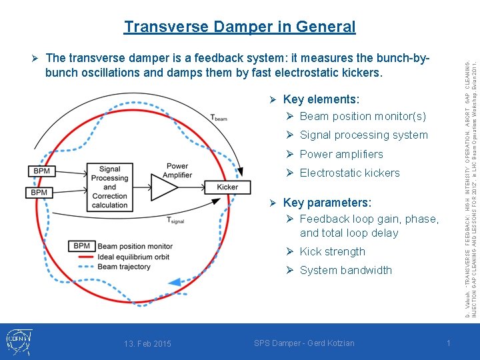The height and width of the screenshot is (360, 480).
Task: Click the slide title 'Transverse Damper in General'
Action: click(x=239, y=27)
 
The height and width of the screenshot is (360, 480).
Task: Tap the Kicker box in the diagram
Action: click(x=227, y=187)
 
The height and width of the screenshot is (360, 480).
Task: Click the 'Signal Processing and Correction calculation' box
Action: click(x=110, y=187)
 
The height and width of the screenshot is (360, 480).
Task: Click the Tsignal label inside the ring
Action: click(x=176, y=221)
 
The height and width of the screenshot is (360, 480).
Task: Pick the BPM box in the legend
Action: click(x=81, y=246)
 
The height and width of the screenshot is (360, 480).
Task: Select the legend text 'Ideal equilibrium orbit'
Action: click(x=133, y=257)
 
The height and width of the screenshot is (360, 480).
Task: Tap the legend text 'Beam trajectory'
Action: click(x=125, y=267)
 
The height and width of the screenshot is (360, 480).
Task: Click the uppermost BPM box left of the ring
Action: click(x=41, y=171)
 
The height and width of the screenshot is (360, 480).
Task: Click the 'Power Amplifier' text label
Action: click(x=177, y=171)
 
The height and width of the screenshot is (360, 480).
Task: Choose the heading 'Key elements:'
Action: click(x=321, y=99)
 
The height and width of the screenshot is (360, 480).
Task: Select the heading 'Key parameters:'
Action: click(x=327, y=202)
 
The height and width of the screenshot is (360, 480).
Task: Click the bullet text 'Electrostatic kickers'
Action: click(x=349, y=173)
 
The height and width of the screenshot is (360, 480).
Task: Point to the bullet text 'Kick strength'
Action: click(x=332, y=251)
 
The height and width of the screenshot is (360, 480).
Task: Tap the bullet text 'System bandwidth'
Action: click(x=345, y=270)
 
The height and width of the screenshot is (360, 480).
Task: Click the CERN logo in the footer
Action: click(x=18, y=341)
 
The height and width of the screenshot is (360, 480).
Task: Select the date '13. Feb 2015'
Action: click(x=147, y=343)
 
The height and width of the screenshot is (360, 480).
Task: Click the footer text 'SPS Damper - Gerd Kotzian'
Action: click(x=304, y=343)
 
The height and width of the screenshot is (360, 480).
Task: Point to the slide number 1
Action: click(x=448, y=343)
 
